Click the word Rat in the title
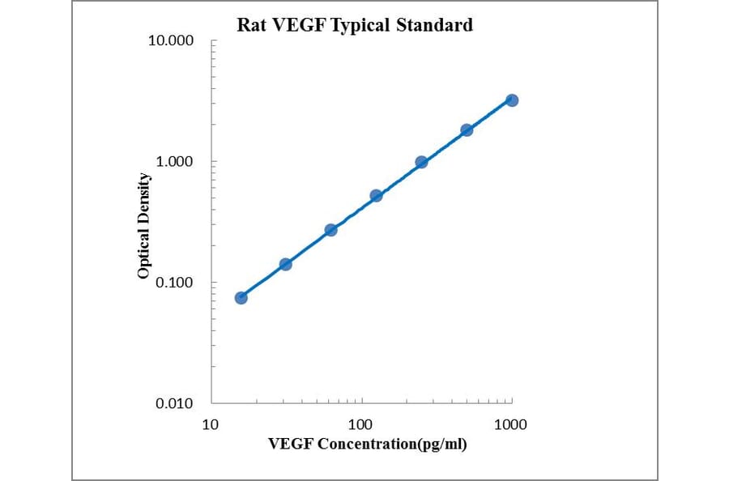pos(250,25)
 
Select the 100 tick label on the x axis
pos(360,424)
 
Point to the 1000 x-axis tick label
pos(510,424)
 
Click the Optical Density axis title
pos(143,226)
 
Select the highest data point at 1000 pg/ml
pos(512,100)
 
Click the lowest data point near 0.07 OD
pos(241,298)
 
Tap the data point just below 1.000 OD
pos(421,162)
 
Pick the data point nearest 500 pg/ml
pos(467,130)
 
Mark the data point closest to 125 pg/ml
pos(376,195)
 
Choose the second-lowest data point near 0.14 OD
pos(285,264)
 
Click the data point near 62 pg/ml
pos(330,230)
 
